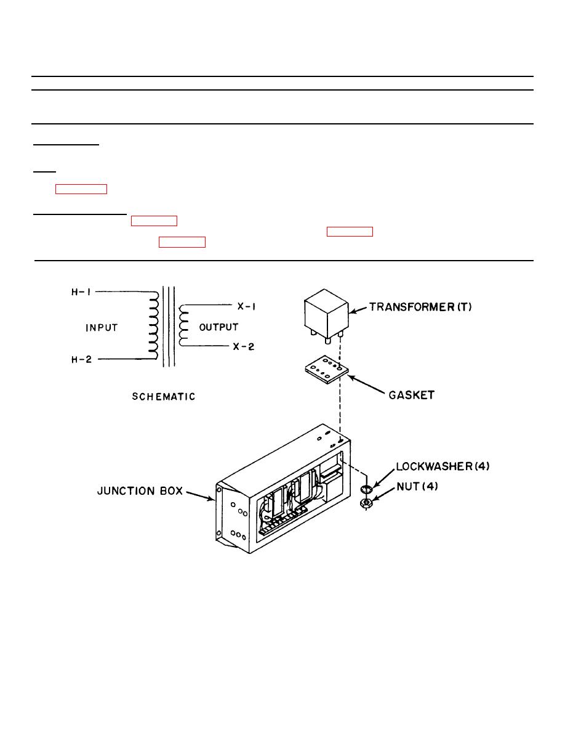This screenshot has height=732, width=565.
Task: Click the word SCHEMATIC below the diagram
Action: click(x=163, y=397)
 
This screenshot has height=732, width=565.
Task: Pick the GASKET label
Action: click(x=410, y=396)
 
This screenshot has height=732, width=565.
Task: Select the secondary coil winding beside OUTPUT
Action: click(x=182, y=326)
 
